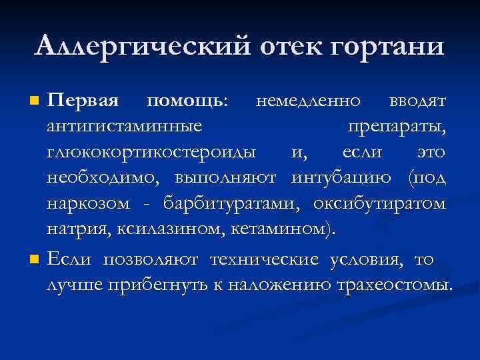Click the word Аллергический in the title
[x=141, y=47]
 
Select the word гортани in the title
[x=388, y=47]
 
